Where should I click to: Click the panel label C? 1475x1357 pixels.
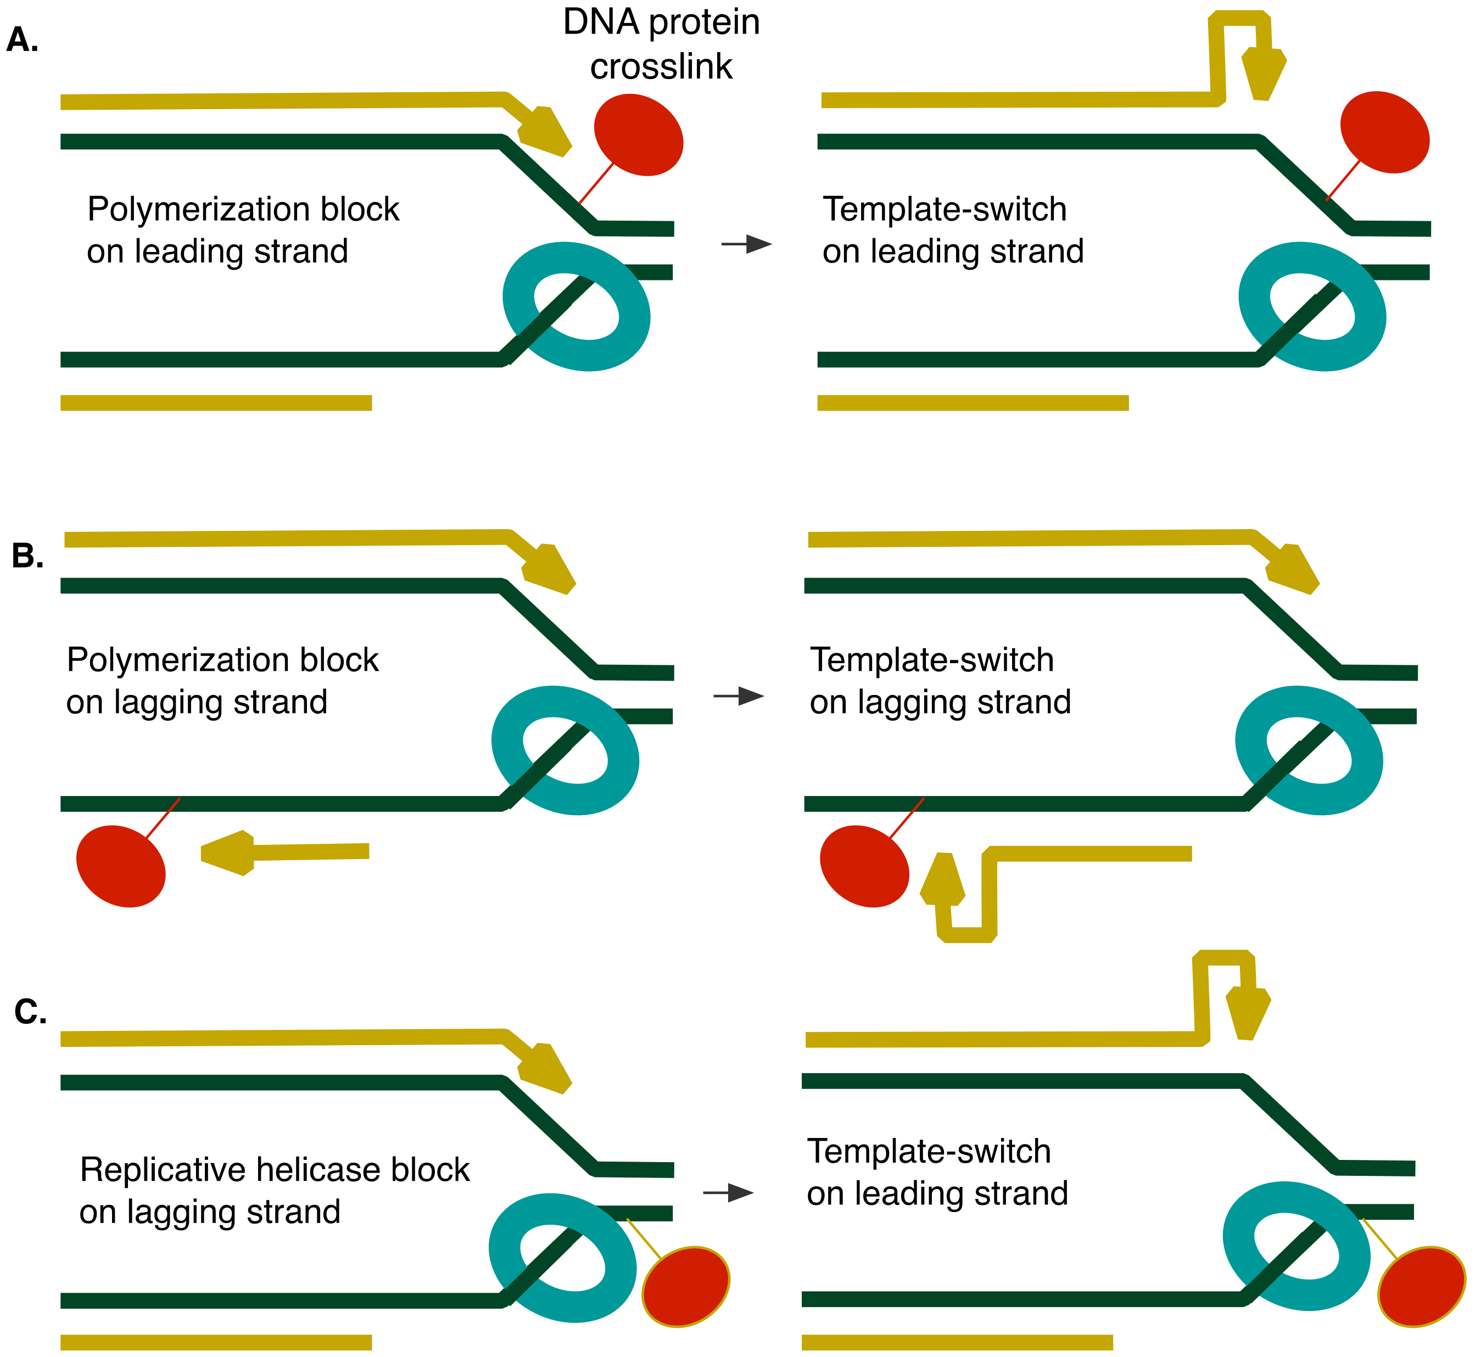pos(30,1013)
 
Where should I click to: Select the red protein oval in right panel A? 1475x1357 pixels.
pos(1384,132)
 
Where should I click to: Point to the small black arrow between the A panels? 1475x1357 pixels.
pos(746,244)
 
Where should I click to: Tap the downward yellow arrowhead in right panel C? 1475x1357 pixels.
pos(1248,1013)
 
